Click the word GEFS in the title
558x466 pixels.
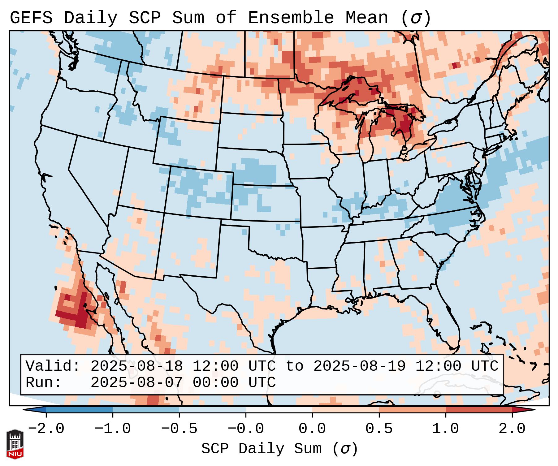pos(31,18)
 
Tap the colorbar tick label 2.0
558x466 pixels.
pos(512,429)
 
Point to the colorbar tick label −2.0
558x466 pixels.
pos(46,429)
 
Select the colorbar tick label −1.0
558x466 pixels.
pos(113,429)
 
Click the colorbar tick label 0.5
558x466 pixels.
pos(379,429)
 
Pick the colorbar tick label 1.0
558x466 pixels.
pos(445,429)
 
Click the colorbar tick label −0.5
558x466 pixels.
pos(179,429)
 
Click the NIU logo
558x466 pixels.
pos(15,444)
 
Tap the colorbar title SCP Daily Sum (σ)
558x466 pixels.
pos(279,449)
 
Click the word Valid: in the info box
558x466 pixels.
pos(53,366)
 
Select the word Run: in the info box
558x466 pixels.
pos(43,382)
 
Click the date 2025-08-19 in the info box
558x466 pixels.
pos(359,366)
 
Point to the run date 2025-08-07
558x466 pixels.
pos(136,382)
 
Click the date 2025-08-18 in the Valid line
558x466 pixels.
pos(136,366)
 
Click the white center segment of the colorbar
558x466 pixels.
pos(279,410)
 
